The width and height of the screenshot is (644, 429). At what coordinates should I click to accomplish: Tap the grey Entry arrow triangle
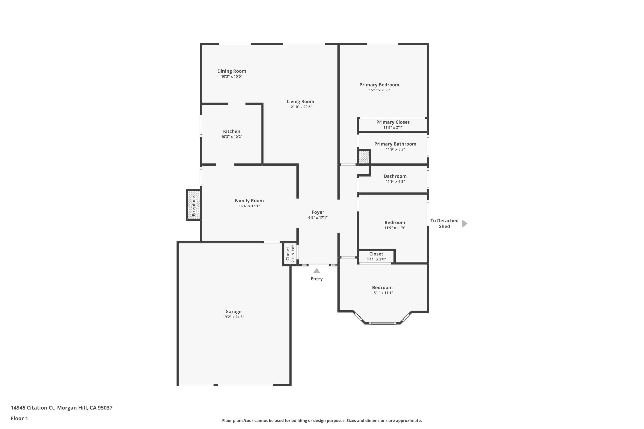(x=316, y=271)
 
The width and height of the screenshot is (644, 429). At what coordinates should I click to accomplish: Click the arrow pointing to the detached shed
(x=465, y=224)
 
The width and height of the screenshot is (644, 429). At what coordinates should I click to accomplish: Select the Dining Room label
(x=232, y=71)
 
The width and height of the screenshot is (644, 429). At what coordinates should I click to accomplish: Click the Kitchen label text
(x=232, y=131)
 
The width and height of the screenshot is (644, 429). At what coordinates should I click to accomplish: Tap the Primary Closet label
(x=393, y=122)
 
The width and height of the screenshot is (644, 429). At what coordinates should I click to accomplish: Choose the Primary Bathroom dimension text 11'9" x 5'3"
(x=395, y=149)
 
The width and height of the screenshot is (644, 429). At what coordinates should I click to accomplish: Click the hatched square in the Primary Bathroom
(x=364, y=157)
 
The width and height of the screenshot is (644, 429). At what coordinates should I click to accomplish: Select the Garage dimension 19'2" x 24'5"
(x=233, y=317)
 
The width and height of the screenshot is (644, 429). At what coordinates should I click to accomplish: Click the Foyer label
(x=318, y=212)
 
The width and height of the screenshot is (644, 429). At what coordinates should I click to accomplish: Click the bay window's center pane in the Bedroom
(x=383, y=323)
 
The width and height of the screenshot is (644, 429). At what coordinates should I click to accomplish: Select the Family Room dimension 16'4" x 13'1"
(x=249, y=206)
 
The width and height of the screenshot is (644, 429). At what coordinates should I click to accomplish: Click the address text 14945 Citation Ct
(x=33, y=408)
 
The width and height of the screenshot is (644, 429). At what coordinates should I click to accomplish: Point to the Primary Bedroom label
(x=379, y=85)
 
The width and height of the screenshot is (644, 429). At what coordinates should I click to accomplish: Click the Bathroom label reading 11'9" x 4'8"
(x=395, y=178)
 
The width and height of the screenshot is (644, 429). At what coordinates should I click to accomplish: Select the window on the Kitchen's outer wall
(x=201, y=126)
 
